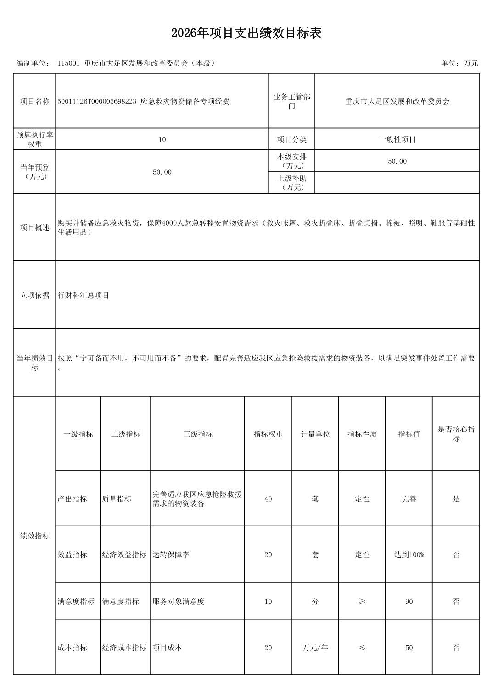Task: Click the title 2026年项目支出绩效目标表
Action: tap(246, 33)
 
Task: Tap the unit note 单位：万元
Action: tap(459, 63)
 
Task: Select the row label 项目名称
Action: tap(34, 101)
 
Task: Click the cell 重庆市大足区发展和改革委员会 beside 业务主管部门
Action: tap(397, 101)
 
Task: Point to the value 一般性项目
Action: tap(397, 139)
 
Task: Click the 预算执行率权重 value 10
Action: tap(162, 139)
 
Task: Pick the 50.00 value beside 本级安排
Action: tap(397, 161)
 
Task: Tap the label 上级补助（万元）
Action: tap(291, 183)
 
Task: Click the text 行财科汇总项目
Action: tap(84, 295)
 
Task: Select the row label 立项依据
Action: tap(34, 295)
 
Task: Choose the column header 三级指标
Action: tap(198, 434)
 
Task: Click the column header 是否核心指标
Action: tap(456, 434)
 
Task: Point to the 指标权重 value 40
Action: tap(268, 499)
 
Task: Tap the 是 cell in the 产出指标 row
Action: tap(456, 499)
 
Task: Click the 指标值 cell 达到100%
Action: tap(409, 555)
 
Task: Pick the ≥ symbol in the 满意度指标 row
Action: tap(362, 602)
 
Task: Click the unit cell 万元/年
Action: tap(315, 648)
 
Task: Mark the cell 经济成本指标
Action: tap(124, 648)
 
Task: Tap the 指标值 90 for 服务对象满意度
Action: tap(409, 602)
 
